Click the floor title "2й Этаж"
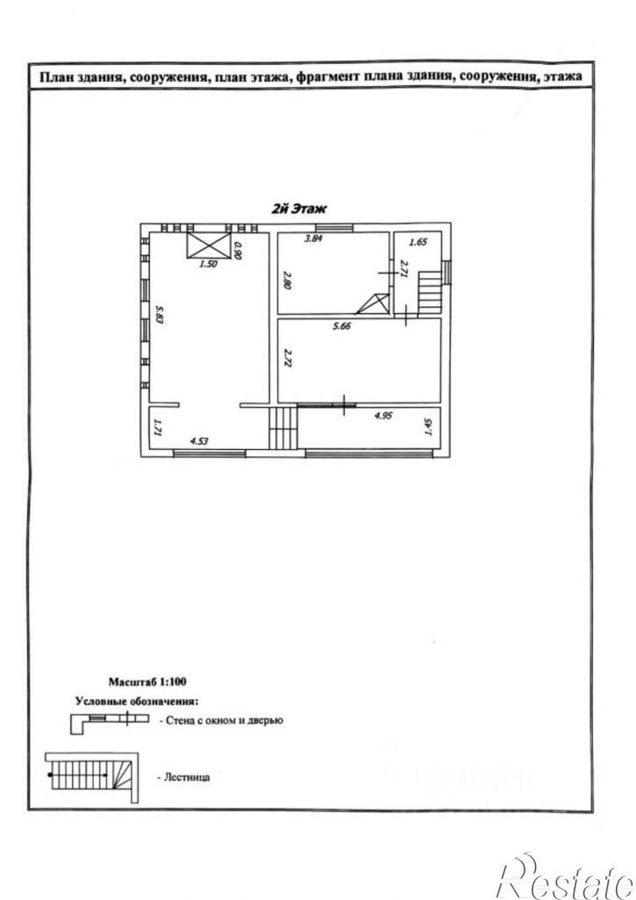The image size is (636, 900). click(298, 209)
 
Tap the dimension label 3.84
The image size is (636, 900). click(313, 239)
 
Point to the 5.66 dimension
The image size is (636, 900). click(341, 326)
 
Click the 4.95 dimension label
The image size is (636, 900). click(382, 416)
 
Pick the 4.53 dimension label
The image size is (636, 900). click(199, 441)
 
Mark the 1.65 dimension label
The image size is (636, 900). click(418, 242)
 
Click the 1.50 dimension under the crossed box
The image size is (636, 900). click(208, 265)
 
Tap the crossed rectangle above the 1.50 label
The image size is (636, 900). click(208, 246)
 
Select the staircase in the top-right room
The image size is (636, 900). click(429, 293)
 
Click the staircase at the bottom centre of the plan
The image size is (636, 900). click(283, 427)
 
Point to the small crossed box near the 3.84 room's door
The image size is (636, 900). click(373, 304)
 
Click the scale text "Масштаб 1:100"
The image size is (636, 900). click(147, 682)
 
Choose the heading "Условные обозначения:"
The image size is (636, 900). click(137, 701)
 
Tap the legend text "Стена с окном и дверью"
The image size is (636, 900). click(224, 720)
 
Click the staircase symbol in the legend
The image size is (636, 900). click(92, 777)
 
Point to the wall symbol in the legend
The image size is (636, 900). click(109, 722)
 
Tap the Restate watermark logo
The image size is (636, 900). click(566, 877)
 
